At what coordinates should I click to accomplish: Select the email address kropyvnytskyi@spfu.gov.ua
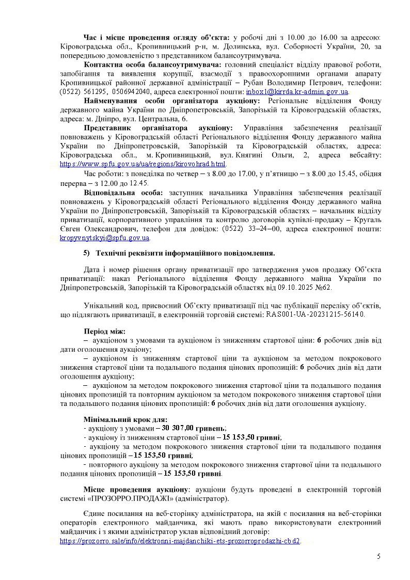(105, 238)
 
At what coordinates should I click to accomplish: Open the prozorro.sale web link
(180, 541)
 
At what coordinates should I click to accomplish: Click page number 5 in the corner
(379, 556)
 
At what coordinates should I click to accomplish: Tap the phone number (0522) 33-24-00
(243, 229)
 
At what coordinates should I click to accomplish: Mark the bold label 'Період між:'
(104, 331)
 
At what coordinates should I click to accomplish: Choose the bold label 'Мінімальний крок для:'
(125, 419)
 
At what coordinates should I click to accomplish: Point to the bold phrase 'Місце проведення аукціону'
(135, 489)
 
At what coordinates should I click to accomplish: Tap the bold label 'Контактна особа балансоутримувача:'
(152, 65)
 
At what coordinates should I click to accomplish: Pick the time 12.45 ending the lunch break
(138, 183)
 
